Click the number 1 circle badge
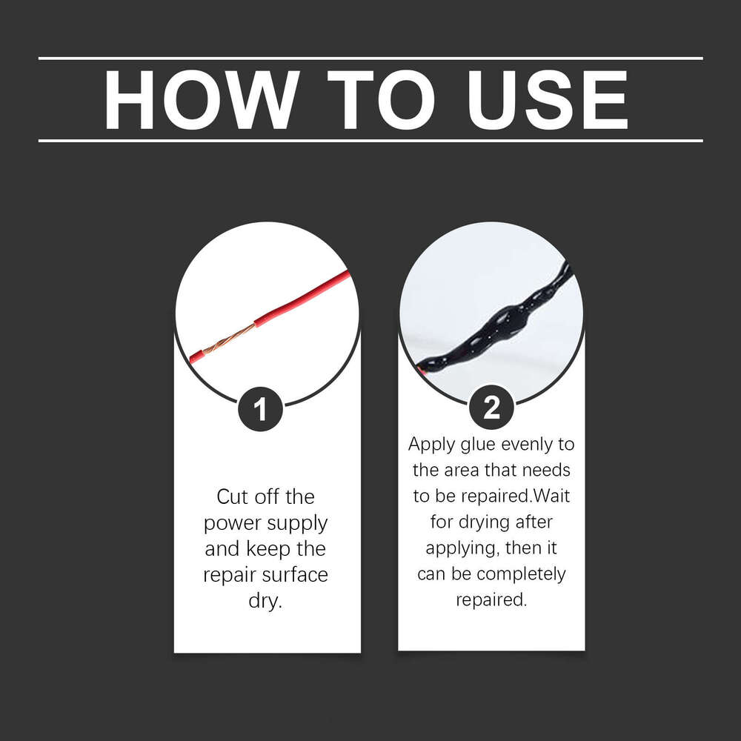(261, 409)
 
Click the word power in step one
(238, 523)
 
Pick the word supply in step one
(301, 523)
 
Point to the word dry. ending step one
(267, 601)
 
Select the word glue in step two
(480, 445)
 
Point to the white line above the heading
(370, 58)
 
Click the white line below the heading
(370, 140)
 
